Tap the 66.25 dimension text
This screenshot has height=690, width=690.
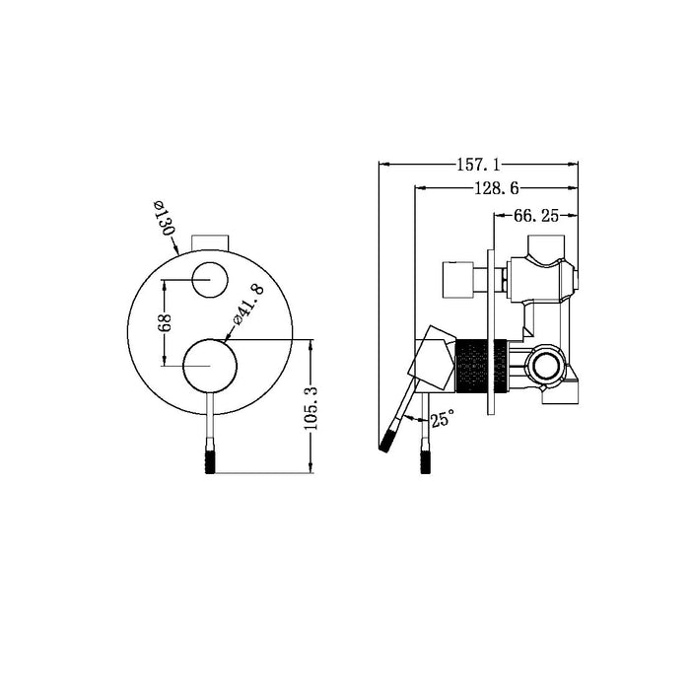point(536,214)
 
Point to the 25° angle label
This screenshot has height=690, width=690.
point(443,420)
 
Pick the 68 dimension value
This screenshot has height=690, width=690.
point(166,322)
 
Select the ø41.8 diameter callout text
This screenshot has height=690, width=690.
point(247,307)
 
